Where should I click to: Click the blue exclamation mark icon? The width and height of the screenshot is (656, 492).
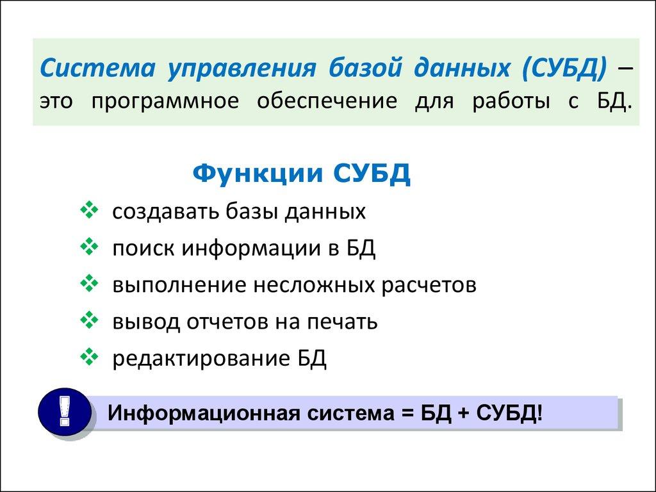click(x=63, y=412)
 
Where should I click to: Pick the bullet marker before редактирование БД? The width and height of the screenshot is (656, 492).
click(x=89, y=358)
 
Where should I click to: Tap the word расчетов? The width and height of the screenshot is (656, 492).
click(x=429, y=285)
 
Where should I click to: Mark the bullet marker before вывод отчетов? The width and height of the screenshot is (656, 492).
click(x=89, y=321)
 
